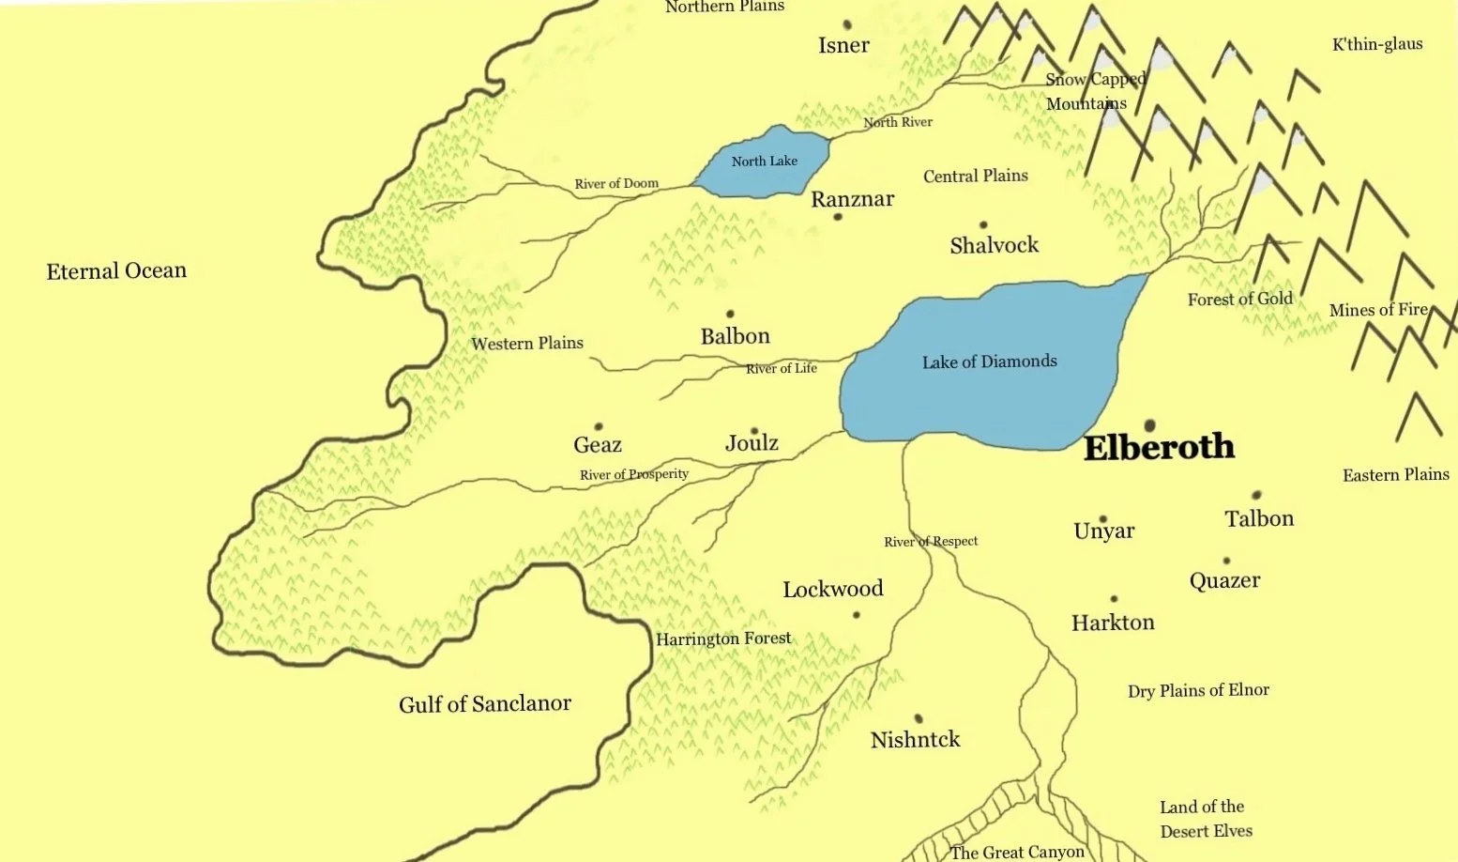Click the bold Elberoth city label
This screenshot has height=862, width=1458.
[x=1159, y=448]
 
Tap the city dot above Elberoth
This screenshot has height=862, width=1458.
[x=1149, y=425]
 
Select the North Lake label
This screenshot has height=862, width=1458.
[x=764, y=162]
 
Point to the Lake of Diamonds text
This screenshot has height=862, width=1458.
[x=989, y=362]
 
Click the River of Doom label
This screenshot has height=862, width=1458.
[x=616, y=184]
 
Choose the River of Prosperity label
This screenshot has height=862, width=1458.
[x=634, y=474]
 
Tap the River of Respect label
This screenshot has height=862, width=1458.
[x=931, y=542]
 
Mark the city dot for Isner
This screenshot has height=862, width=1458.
[x=847, y=24]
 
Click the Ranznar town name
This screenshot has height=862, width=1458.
[x=852, y=199]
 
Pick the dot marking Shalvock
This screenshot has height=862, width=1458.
[x=983, y=225]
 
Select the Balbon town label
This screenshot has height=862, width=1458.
[x=735, y=336]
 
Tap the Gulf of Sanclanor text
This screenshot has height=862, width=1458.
[x=484, y=704]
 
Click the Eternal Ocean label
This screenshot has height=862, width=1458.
[x=116, y=271]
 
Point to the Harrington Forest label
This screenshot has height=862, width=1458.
[x=723, y=639]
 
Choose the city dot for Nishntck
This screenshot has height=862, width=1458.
[x=919, y=718]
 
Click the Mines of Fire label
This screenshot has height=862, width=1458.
[x=1378, y=310]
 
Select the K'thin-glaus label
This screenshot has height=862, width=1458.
[x=1377, y=44]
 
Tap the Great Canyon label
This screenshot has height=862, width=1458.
[x=1017, y=852]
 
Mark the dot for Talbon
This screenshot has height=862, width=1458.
[x=1256, y=495]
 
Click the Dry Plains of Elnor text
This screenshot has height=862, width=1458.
[x=1198, y=691]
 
